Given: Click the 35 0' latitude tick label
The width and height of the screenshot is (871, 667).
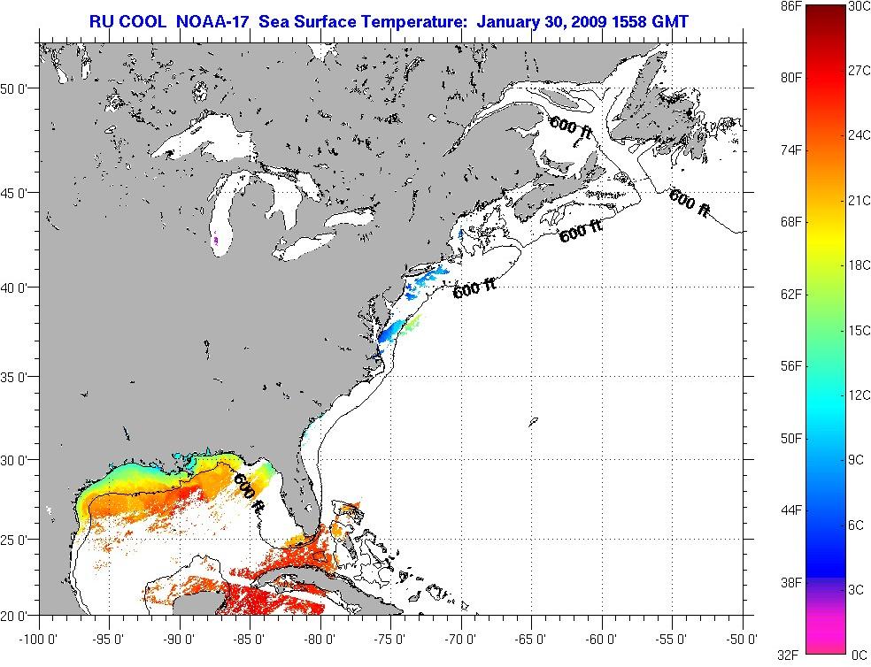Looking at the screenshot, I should pyautogui.click(x=18, y=376).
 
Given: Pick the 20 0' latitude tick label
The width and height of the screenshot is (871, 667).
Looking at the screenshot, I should pyautogui.click(x=18, y=614).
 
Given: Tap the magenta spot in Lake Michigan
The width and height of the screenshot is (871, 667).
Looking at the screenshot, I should pyautogui.click(x=215, y=239).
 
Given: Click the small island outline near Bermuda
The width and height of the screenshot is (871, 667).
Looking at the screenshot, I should pyautogui.click(x=534, y=423).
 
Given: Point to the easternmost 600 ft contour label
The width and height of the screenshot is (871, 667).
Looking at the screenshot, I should pyautogui.click(x=690, y=203).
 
